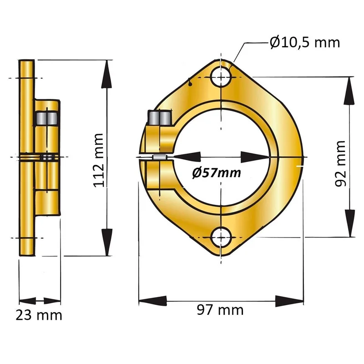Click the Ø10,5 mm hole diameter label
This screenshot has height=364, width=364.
point(305,43)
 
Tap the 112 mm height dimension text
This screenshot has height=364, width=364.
point(98,161)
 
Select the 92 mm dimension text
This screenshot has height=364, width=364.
point(340,163)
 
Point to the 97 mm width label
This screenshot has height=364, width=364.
point(220,310)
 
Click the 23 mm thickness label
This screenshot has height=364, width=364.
point(39,315)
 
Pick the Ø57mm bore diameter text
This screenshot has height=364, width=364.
point(217,173)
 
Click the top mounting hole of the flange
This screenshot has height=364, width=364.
point(222,76)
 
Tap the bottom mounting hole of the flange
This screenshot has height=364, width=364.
point(222,238)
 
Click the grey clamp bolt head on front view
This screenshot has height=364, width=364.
point(160,117)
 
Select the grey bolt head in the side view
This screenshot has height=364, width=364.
point(47,118)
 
